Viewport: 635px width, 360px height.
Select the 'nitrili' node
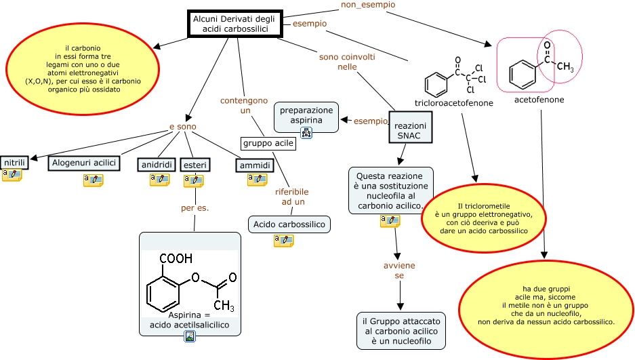coord(14,163)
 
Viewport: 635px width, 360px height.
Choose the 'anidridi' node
coord(156,165)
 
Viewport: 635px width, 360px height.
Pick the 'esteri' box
coord(195,165)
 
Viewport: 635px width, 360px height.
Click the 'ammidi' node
coord(255,165)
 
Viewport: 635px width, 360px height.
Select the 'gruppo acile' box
coord(268,143)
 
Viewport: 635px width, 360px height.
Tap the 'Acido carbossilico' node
coord(289,224)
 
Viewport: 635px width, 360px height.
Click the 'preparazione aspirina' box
coord(306,115)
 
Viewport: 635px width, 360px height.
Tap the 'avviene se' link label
coord(398,271)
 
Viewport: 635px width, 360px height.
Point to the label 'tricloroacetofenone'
coord(453,103)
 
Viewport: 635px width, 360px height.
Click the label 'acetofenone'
coord(539,100)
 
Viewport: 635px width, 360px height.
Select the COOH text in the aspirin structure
coord(176,258)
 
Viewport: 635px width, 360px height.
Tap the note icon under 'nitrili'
coord(12,175)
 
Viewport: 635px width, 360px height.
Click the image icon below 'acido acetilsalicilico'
coord(190,336)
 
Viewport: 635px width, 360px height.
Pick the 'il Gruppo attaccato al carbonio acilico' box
coord(401,331)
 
